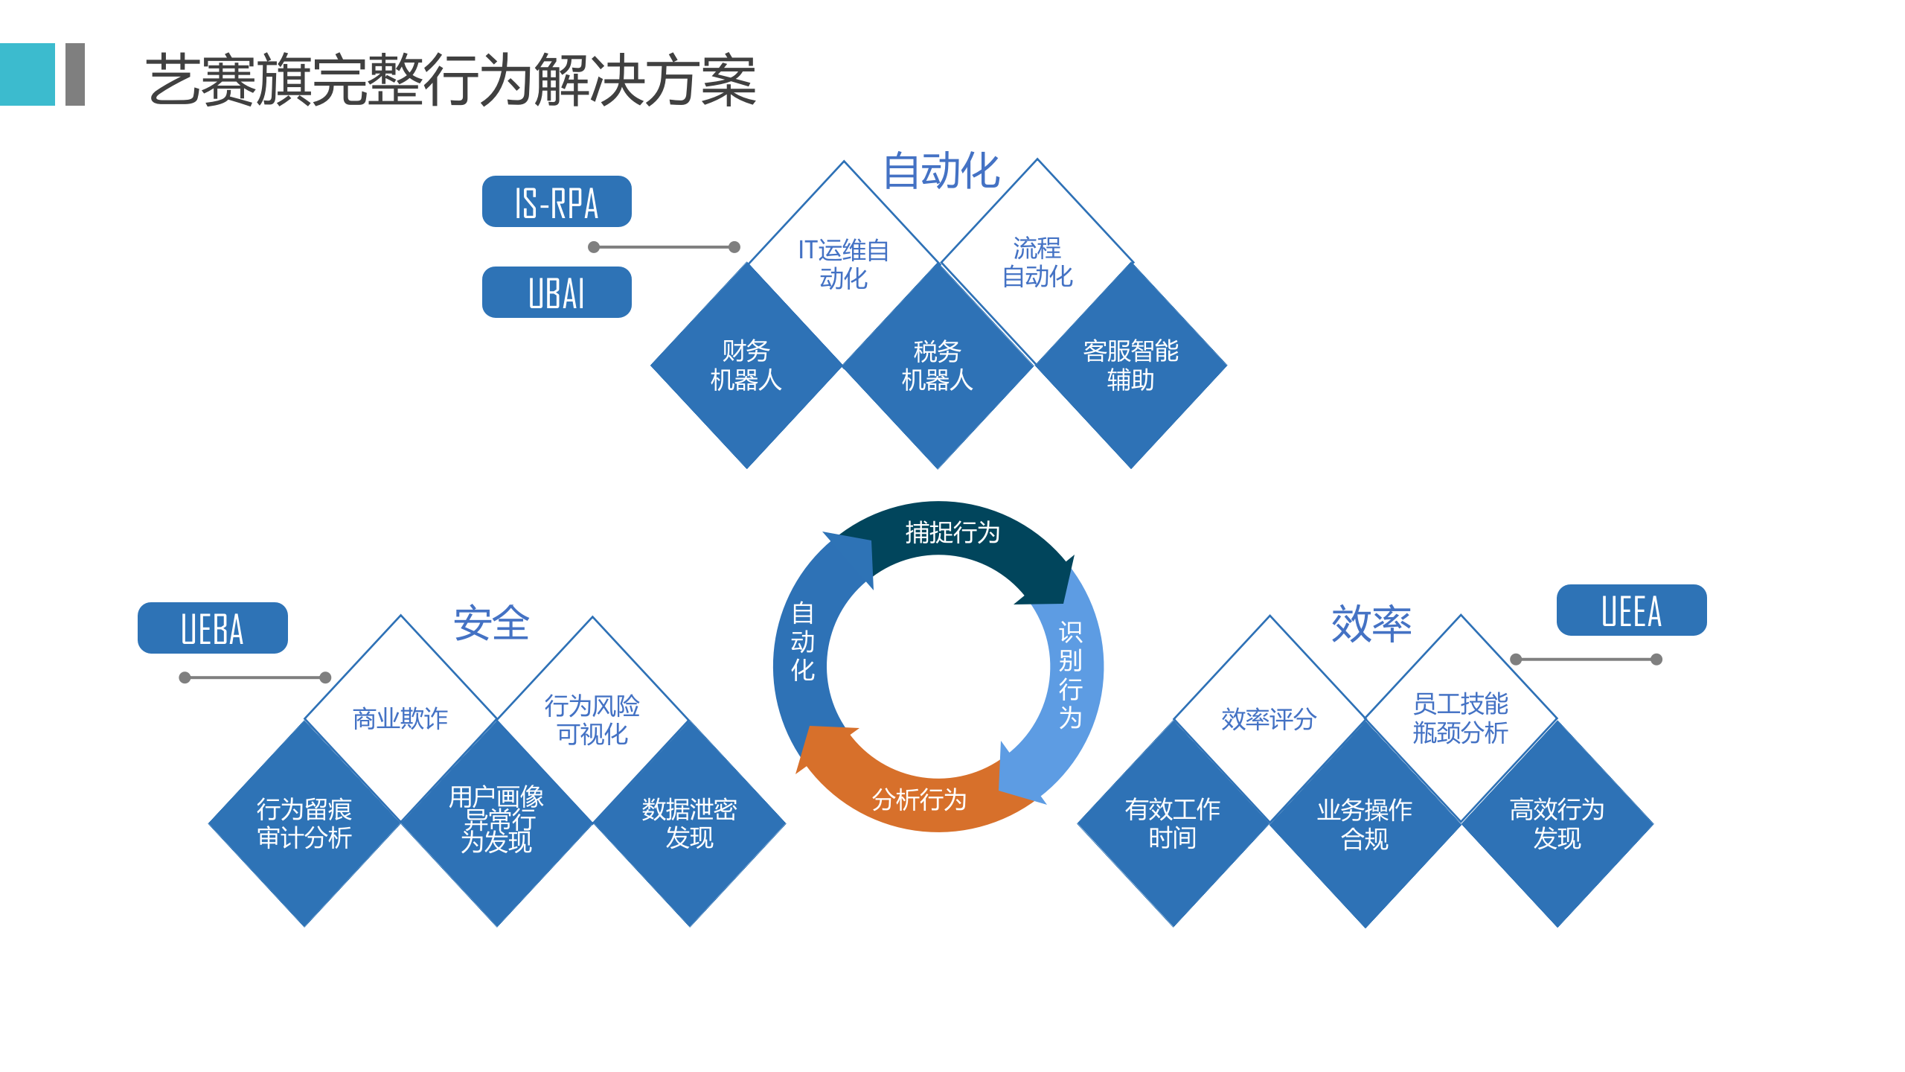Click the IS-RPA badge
point(557,202)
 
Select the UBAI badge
point(557,293)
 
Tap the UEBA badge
point(213,628)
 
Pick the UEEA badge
point(1631,610)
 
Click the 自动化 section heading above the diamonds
point(941,170)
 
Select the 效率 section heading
point(1371,624)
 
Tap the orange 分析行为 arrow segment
point(920,800)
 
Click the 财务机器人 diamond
point(746,366)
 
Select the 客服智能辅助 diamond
point(1130,366)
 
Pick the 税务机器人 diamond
point(938,366)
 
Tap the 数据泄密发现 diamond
point(690,823)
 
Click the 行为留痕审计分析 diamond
point(304,823)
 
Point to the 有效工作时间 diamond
point(1173,823)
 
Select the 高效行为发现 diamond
point(1557,823)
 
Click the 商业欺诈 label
point(400,718)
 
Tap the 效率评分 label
point(1269,718)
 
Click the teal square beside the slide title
point(28,74)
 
